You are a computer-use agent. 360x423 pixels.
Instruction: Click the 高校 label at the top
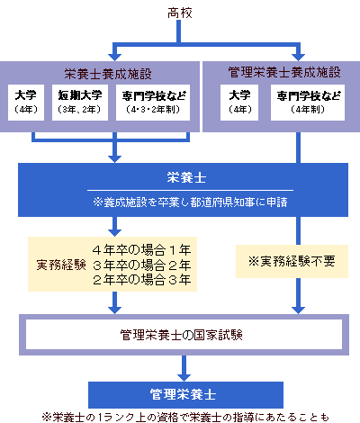pos(180,13)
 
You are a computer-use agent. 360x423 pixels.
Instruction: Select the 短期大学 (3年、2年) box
pos(80,103)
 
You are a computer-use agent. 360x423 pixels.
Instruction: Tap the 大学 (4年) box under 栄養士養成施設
pos(26,103)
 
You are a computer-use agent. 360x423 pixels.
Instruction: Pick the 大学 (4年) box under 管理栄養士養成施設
pos(239,103)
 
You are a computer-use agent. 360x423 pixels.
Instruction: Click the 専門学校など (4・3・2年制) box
pos(153,103)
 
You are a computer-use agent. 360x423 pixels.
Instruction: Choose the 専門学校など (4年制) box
pos(308,103)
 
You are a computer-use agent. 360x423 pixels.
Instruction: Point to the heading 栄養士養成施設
pos(108,74)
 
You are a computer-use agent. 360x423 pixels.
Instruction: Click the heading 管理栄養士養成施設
pos(284,72)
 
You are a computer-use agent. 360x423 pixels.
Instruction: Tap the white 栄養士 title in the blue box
pos(186,177)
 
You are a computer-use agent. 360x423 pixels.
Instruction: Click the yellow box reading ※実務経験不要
pos(292,261)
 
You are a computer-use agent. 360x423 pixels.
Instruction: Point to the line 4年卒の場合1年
pos(141,249)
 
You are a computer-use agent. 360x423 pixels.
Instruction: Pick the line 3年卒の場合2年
pos(141,265)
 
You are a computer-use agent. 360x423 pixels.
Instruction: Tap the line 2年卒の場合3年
pos(141,280)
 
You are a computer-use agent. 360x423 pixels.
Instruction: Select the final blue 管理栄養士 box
pos(185,395)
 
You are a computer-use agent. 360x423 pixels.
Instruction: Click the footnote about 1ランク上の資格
pos(185,417)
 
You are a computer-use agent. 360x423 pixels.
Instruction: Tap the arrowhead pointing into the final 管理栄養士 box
pos(184,377)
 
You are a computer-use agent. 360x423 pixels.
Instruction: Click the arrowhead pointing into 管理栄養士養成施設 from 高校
pos(298,57)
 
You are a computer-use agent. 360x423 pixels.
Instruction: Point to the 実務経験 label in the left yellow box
pos(61,265)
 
